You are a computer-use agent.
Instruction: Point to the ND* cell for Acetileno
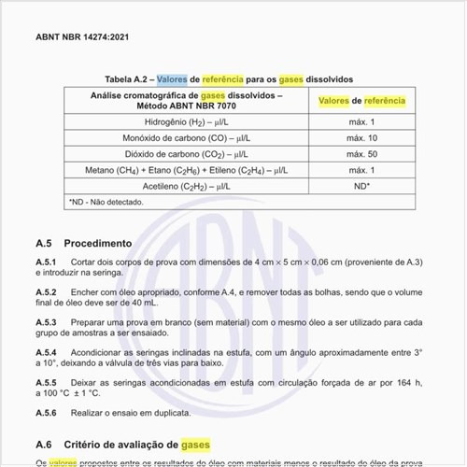(361, 186)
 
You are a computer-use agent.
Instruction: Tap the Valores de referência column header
(361, 101)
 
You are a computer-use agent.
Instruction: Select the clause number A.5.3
(47, 322)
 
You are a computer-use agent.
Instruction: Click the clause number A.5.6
(47, 413)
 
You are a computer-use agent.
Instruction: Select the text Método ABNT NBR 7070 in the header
(187, 106)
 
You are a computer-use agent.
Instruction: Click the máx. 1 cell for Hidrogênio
(361, 122)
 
